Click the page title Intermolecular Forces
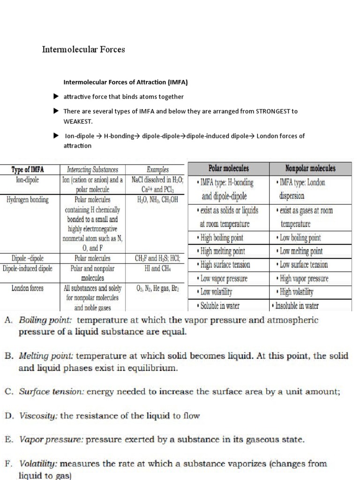click(x=84, y=49)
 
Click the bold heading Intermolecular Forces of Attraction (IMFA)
click(x=126, y=82)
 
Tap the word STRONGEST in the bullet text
click(x=277, y=111)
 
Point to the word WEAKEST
click(x=78, y=121)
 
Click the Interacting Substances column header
click(x=93, y=169)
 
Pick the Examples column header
click(x=157, y=169)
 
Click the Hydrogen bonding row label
click(x=28, y=200)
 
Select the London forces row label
click(x=28, y=288)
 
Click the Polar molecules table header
click(x=228, y=168)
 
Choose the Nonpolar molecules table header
click(x=310, y=168)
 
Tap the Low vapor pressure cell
click(x=224, y=278)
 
